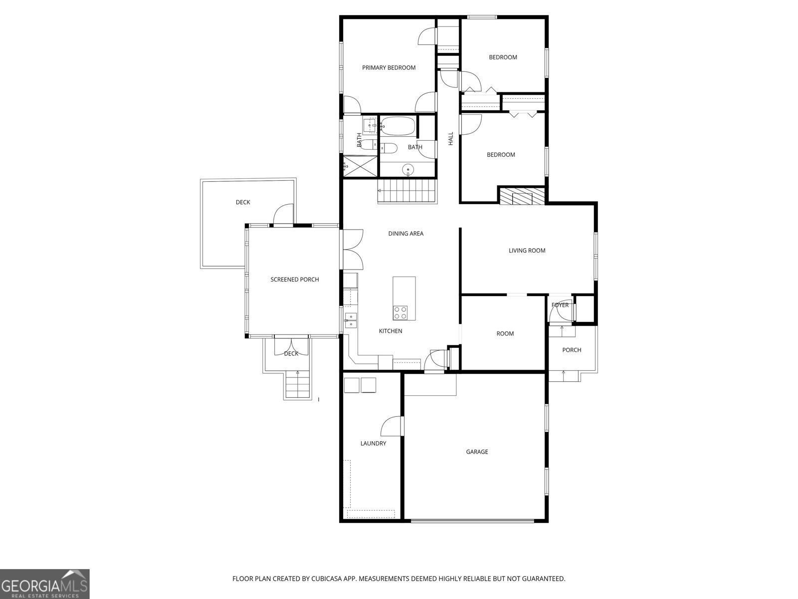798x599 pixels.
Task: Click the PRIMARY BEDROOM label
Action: (x=389, y=68)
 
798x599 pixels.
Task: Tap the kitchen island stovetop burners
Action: (x=400, y=313)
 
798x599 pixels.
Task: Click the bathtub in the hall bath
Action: (x=398, y=126)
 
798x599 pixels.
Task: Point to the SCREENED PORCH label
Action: (x=294, y=280)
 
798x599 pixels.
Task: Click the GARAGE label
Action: (x=477, y=452)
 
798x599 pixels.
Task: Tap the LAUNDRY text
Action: (x=373, y=443)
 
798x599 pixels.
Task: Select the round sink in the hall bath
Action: (x=408, y=170)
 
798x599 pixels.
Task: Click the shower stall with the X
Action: (x=360, y=165)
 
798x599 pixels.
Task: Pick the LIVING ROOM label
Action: (x=527, y=251)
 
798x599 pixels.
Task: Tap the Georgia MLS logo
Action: (x=45, y=584)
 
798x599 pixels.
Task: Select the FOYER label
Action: (x=560, y=305)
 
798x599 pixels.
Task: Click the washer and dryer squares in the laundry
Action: (x=360, y=385)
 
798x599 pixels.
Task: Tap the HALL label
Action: (x=451, y=139)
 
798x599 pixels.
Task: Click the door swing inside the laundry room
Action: (x=392, y=427)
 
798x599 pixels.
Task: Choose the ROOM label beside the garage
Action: (x=505, y=333)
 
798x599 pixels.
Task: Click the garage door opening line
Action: (x=472, y=521)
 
